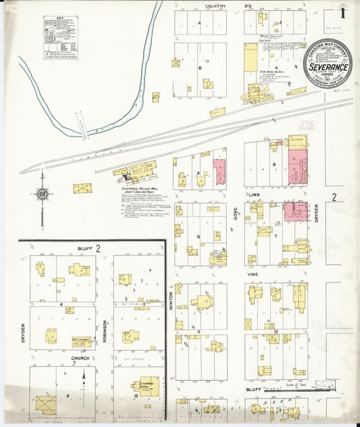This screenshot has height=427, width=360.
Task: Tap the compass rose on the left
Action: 42,194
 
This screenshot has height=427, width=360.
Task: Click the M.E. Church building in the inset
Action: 81,341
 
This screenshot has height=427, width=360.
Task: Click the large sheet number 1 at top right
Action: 343,12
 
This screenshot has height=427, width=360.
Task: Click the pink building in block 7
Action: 295,210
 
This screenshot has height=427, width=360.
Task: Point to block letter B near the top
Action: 200,68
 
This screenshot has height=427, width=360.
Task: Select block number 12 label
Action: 276,331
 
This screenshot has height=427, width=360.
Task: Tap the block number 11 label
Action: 199,331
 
